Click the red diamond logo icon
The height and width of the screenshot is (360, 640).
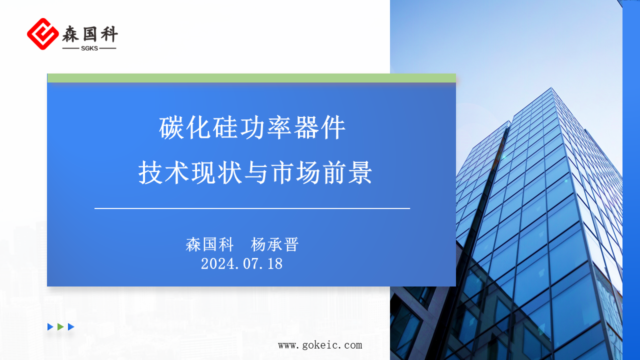(43, 34)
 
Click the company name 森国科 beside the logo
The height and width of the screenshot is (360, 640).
(90, 34)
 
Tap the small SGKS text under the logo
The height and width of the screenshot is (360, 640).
(89, 48)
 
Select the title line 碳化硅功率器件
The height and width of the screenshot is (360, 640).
(252, 128)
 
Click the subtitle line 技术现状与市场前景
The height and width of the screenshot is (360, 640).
(255, 173)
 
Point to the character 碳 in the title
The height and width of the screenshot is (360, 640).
(171, 128)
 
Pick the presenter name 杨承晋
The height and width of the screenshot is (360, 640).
(274, 244)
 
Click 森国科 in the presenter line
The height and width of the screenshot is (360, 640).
(209, 244)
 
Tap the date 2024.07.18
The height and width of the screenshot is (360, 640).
(241, 263)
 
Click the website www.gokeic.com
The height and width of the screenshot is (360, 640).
(320, 345)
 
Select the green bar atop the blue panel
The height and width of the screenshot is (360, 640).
(251, 78)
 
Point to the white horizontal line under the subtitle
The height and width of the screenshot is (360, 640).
(252, 208)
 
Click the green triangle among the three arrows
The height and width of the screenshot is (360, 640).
(60, 327)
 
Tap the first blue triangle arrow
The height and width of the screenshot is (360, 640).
(50, 327)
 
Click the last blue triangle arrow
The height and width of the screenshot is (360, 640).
(71, 327)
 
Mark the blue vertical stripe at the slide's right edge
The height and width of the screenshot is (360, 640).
(631, 180)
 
